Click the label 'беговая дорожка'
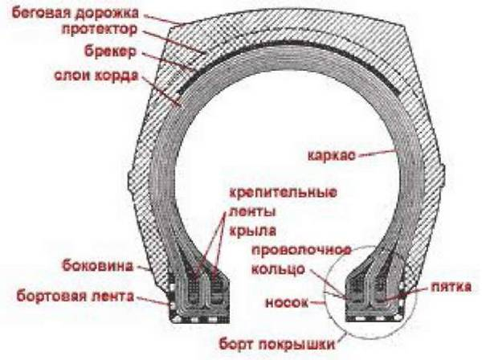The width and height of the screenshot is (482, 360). pos(76,14)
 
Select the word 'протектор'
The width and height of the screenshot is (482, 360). pos(100,31)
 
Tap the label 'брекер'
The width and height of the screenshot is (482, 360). pos(110,51)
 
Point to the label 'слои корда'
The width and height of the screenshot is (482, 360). pos(96,76)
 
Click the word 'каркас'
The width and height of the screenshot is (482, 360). pos(331,155)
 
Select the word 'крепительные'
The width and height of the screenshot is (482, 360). pos(283,193)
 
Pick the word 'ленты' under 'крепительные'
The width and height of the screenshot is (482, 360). pos(252,211)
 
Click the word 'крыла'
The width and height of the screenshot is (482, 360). pos(253,231)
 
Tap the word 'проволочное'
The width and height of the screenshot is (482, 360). pos(301,251)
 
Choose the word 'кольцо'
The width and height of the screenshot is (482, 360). pos(278,269)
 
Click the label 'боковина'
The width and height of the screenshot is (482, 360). pos(98,266)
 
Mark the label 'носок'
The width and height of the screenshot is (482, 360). pos(287,303)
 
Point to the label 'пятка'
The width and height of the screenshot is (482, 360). pos(451,287)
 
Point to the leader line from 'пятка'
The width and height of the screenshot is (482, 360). pos(403,293)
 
